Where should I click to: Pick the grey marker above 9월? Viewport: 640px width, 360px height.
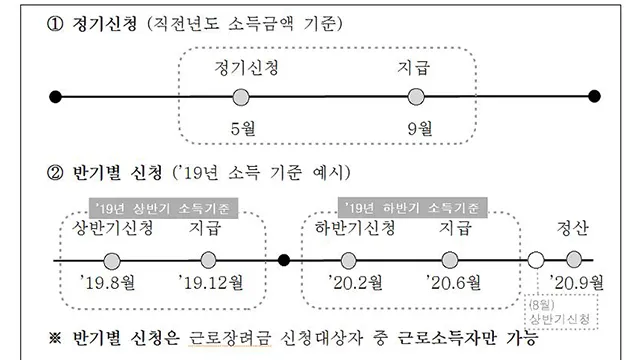click(417, 97)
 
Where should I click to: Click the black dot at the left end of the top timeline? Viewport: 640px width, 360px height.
click(56, 97)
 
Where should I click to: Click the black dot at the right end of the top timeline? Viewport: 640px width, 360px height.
click(595, 97)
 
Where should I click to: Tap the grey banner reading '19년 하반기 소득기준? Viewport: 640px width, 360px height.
click(413, 209)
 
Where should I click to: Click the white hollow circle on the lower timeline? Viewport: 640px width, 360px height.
click(537, 260)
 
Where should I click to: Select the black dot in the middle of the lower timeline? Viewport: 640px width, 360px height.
click(284, 260)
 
